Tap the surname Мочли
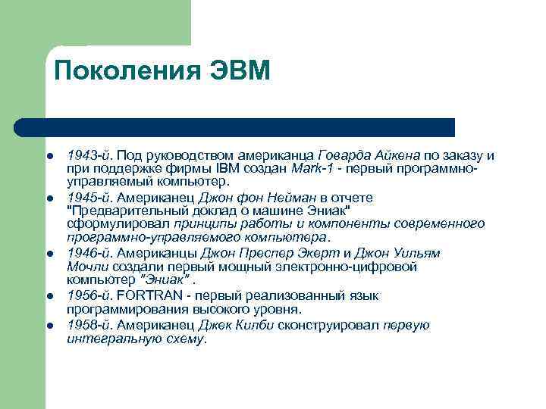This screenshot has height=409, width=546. [87, 267]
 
